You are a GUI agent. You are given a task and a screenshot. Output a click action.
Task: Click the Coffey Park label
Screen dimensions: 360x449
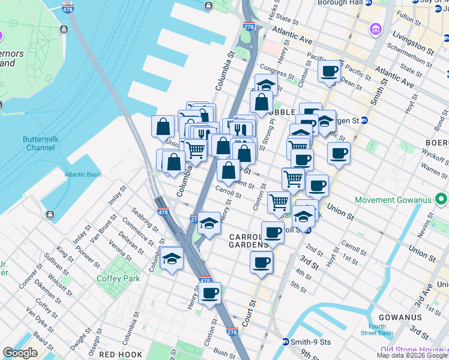coord(118,278)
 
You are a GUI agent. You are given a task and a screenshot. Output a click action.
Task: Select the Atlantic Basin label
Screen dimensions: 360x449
coord(83,175)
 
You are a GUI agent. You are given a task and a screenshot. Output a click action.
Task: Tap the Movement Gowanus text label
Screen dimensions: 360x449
coord(394,200)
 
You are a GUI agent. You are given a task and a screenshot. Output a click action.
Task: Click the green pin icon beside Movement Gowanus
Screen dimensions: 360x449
coord(442,199)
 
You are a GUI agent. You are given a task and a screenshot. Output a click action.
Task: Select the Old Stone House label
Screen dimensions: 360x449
coord(412,350)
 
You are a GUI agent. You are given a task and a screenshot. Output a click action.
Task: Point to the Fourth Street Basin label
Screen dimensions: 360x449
coord(377,330)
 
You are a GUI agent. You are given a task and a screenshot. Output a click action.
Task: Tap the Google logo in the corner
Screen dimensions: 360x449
coord(20,353)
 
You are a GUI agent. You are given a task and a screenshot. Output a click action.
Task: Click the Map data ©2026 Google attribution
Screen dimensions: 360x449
coord(412,355)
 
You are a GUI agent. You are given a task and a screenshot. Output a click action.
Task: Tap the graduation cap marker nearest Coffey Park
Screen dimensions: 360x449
coord(172,259)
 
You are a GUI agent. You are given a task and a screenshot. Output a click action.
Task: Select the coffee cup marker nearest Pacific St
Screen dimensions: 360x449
coord(329,72)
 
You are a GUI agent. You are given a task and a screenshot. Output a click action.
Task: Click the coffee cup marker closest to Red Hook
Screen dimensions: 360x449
coord(210,293)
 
